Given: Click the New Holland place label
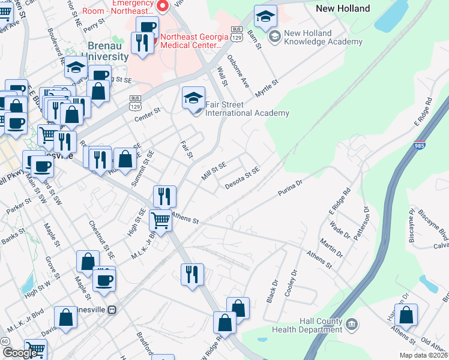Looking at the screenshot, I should coord(343,8).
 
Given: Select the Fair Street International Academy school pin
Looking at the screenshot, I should coord(193,98).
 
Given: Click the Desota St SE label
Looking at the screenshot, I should coord(243,176).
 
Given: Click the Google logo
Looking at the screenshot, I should coord(20,352).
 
